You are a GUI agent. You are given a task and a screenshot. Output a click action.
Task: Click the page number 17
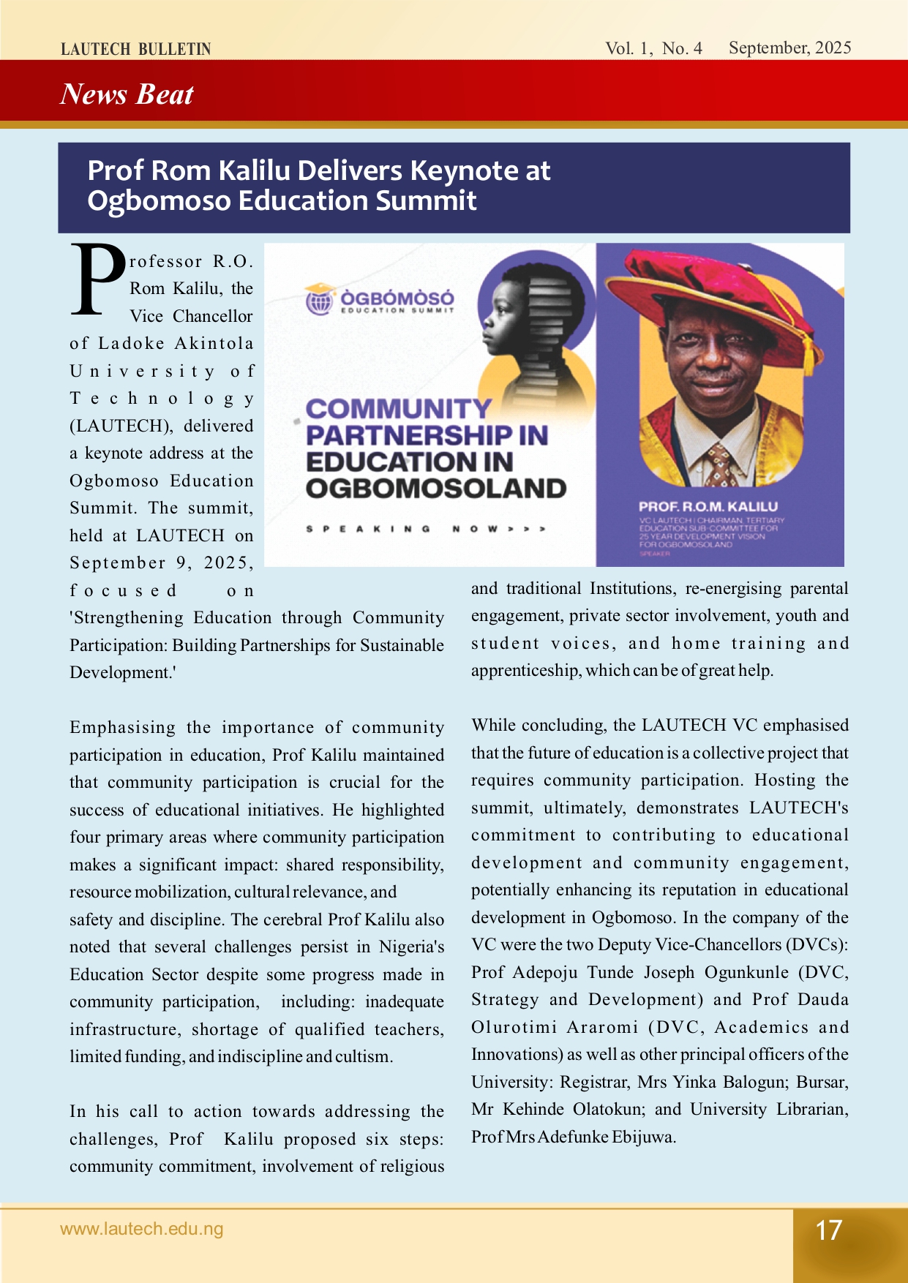[829, 1230]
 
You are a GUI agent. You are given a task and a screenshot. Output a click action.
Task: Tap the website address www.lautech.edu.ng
[142, 1229]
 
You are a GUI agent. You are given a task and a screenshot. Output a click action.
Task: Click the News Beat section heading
[127, 94]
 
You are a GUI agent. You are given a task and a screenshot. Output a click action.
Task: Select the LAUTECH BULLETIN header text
[136, 50]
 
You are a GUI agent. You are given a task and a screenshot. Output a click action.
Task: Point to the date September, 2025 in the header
[789, 48]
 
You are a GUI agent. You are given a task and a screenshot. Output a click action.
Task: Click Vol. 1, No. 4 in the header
[653, 49]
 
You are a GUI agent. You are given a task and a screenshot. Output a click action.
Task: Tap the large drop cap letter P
[98, 281]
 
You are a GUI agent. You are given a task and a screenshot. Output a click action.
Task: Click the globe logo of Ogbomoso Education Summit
[319, 300]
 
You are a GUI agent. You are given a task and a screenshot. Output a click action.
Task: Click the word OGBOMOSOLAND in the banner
[436, 489]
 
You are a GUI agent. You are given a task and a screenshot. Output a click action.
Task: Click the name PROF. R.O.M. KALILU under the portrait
[708, 506]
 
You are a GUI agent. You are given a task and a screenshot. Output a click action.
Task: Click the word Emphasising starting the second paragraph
[122, 728]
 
